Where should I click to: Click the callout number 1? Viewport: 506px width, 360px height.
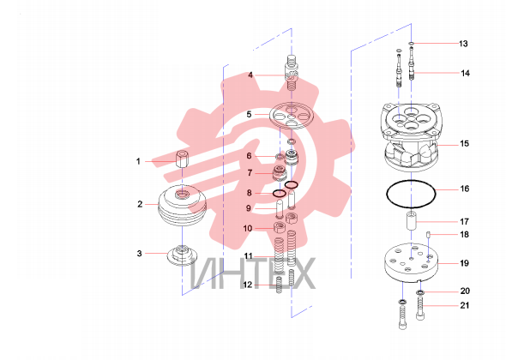point(138,161)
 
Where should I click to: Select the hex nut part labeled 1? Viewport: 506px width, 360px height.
point(181,159)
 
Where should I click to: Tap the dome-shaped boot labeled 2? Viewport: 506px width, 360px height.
point(183,205)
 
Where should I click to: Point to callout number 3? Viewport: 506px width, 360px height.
point(139,254)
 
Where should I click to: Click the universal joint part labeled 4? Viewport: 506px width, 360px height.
point(292,73)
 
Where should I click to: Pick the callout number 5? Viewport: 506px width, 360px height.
point(249,115)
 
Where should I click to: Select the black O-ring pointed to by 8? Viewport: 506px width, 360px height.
point(279,194)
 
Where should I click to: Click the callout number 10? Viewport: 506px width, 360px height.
point(248,229)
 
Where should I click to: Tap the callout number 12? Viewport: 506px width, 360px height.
point(248,285)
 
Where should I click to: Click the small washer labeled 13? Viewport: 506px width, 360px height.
point(411,43)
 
